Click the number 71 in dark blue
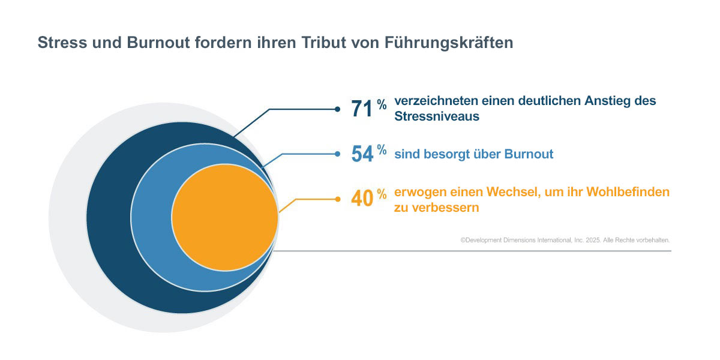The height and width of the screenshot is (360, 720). pos(362,109)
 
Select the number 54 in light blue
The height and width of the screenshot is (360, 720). pos(362,154)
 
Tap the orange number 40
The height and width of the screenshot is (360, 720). pos(362,199)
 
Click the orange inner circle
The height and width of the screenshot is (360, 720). pos(225,217)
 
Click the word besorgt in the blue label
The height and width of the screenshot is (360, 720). pos(438,154)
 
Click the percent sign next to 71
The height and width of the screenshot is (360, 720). pos(382,105)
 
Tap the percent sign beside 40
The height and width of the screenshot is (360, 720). pos(382,194)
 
